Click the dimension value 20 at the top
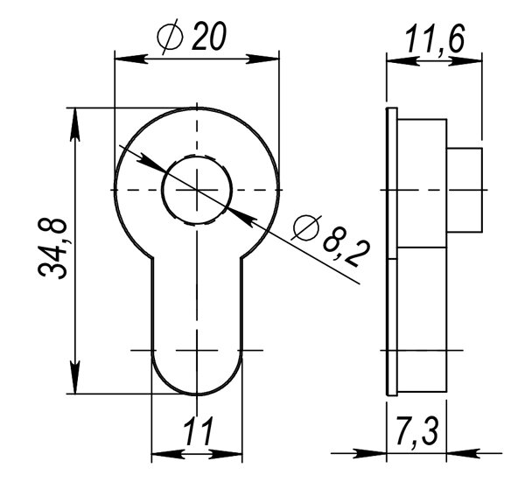[211, 38]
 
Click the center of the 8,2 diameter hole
[198, 190]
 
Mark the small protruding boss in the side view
[465, 190]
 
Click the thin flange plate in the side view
[391, 252]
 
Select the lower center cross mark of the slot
[198, 350]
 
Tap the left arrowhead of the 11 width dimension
[163, 454]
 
